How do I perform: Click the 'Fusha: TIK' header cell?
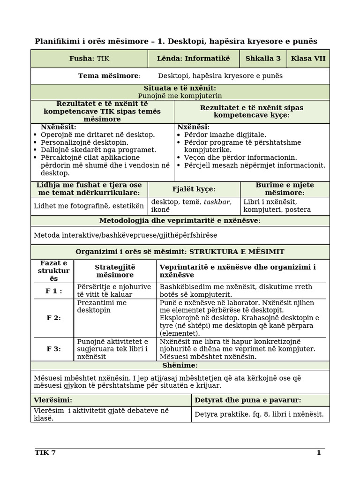coord(89,59)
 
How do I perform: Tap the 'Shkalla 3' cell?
coord(262,59)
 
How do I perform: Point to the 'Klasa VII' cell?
coord(307,59)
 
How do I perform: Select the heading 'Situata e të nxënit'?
coord(180,88)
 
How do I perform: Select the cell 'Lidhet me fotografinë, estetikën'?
coord(89,205)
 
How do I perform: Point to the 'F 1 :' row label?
coord(53,291)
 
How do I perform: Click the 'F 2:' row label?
coord(53,318)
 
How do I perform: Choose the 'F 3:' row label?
coord(53,349)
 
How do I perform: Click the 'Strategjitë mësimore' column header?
coord(115,271)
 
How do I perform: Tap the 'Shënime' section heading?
coord(180,365)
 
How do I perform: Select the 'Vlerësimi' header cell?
coord(53,400)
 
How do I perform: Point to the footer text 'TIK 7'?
coord(45,452)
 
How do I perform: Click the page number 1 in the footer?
coord(318,452)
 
